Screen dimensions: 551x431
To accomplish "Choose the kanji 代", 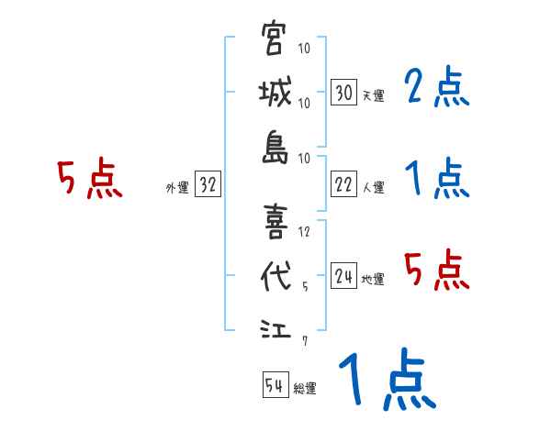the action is (275, 276).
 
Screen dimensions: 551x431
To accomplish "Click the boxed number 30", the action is (343, 93).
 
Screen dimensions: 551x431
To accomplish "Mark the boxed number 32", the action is (208, 185).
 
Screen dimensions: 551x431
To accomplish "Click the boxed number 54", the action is (275, 385).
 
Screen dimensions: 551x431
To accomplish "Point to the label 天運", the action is (373, 95).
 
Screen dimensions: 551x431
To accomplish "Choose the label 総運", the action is (305, 388).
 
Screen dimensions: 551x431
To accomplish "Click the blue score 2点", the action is (436, 89).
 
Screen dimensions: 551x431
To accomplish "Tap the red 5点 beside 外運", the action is (89, 180).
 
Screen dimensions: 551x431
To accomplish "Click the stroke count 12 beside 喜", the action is (306, 231).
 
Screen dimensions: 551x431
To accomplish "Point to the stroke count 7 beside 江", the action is (306, 341).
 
